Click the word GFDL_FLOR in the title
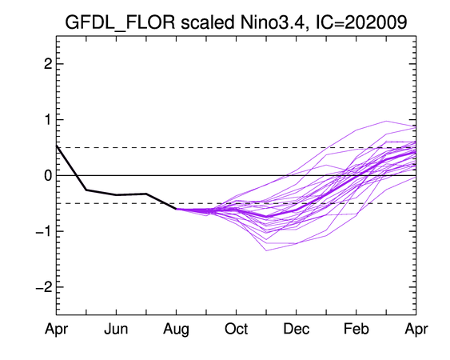tap(120, 22)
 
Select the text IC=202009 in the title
tap(361, 22)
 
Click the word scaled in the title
tap(208, 22)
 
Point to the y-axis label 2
tap(48, 64)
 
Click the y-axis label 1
tap(48, 119)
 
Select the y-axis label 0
tap(48, 175)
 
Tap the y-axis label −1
tap(44, 231)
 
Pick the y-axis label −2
tap(44, 286)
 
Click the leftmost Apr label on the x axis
tap(56, 330)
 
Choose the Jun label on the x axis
tap(116, 329)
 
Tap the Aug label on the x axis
tap(176, 330)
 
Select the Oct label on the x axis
tap(237, 329)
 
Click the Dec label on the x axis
tap(297, 329)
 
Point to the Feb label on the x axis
tap(356, 329)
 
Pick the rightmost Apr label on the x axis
tap(416, 330)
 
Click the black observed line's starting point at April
tap(57, 146)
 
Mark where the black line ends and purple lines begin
tap(176, 209)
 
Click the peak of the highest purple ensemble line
tap(386, 121)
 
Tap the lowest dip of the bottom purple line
tap(266, 250)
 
